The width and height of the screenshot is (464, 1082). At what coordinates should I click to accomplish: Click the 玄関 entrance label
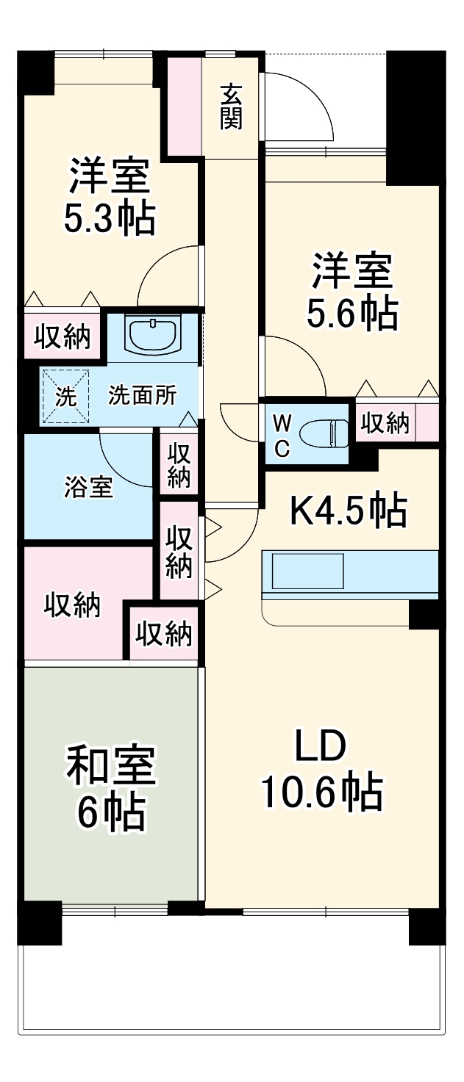(x=231, y=107)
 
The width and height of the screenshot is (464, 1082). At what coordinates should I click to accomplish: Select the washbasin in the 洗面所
(x=152, y=335)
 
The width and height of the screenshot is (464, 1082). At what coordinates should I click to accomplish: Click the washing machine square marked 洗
(x=65, y=396)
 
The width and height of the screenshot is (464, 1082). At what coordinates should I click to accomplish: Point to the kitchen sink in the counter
(x=307, y=571)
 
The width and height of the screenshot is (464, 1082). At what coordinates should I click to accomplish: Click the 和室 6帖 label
(x=110, y=788)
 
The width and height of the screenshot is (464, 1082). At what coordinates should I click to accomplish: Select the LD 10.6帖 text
(x=321, y=770)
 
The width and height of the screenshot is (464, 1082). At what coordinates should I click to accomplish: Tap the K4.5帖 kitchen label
(x=348, y=511)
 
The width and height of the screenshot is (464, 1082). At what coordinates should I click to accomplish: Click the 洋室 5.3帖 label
(x=110, y=196)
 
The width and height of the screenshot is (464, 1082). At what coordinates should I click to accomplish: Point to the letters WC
(x=282, y=436)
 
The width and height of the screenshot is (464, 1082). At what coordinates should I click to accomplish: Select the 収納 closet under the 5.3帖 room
(x=63, y=336)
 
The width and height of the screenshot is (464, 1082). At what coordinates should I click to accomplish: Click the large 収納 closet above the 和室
(x=72, y=605)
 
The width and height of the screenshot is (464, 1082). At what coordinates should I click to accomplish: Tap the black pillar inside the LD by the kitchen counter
(x=424, y=613)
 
